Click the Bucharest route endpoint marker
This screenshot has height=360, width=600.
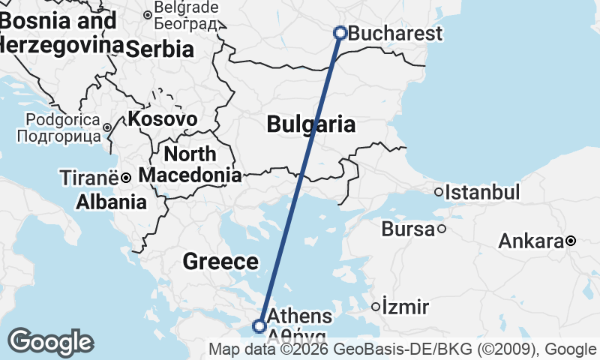(x=340, y=33)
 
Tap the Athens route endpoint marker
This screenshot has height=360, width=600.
(x=259, y=326)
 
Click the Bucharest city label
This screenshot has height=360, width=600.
(x=395, y=34)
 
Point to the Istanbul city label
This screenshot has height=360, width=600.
(x=482, y=192)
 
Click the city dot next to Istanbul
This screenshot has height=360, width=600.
(x=439, y=192)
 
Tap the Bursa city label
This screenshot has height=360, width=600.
(x=408, y=229)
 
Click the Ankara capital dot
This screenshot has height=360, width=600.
(x=571, y=241)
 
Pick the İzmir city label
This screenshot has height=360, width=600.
(x=405, y=307)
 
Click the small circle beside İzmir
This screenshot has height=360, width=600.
(x=376, y=306)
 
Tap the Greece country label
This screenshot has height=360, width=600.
(x=220, y=262)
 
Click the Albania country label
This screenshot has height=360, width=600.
(x=111, y=202)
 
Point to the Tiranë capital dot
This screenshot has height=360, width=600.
(x=126, y=178)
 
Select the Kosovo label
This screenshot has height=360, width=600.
(x=163, y=118)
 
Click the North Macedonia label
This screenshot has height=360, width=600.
(x=190, y=165)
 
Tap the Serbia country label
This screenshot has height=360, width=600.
(x=160, y=49)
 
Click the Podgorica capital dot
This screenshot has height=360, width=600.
(x=107, y=127)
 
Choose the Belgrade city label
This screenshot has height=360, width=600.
(x=186, y=9)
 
